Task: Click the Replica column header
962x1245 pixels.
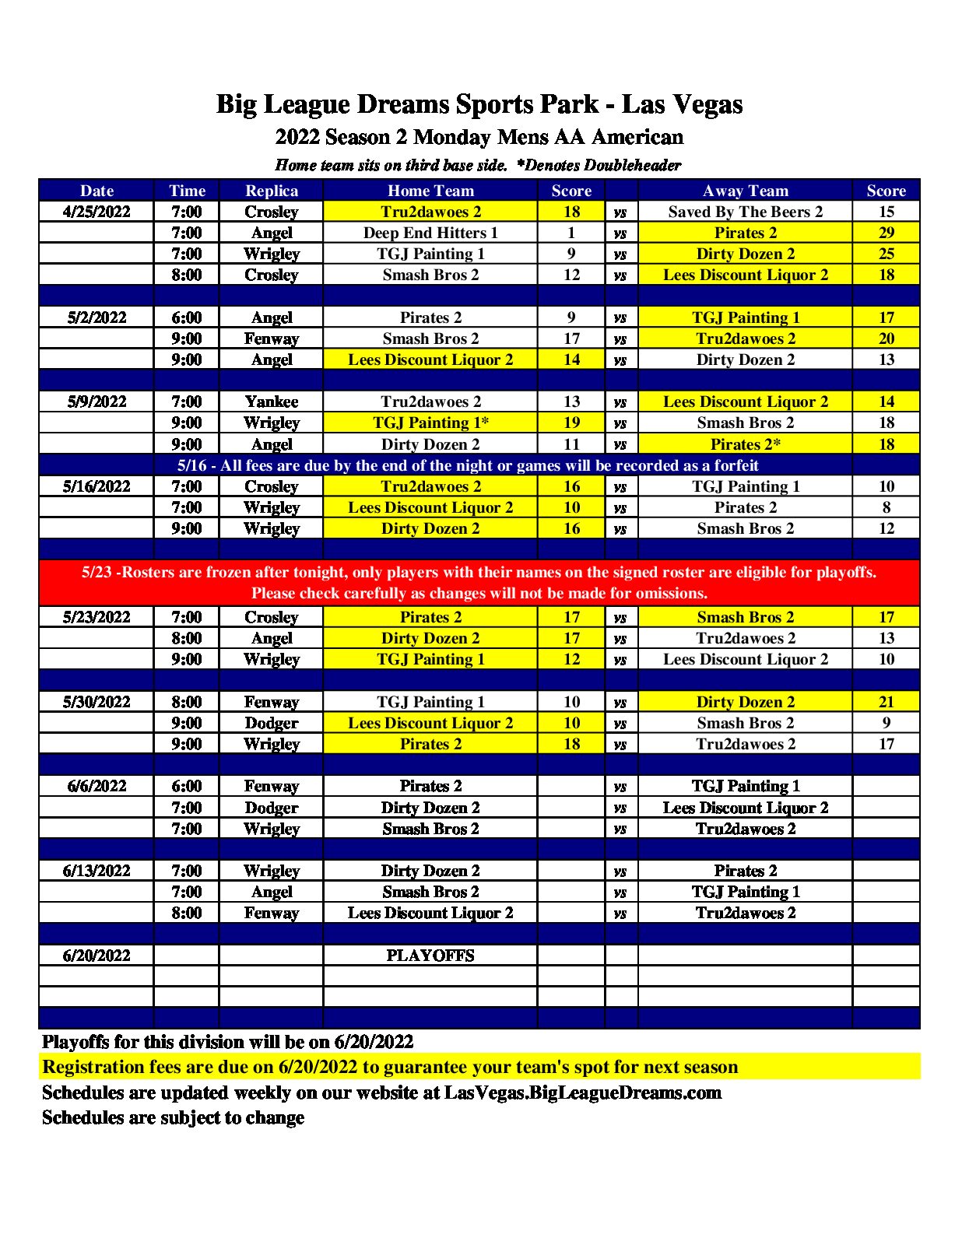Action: (271, 191)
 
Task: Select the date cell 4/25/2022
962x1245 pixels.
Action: (97, 212)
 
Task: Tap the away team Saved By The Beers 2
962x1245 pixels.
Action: (745, 212)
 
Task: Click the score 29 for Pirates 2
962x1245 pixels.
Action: (886, 233)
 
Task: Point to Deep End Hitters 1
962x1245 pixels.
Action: (430, 233)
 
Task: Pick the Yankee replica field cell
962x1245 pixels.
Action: (271, 402)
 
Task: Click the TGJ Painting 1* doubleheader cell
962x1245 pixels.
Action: (430, 423)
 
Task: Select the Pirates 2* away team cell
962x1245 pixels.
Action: (745, 444)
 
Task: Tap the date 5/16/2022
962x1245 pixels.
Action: (97, 486)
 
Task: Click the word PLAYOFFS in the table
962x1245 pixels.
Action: (430, 956)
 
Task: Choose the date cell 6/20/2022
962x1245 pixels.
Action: (97, 956)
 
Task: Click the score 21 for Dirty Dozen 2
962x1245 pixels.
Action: (886, 702)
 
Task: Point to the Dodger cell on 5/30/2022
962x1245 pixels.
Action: (271, 723)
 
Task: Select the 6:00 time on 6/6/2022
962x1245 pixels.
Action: (187, 786)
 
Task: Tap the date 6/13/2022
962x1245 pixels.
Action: (97, 871)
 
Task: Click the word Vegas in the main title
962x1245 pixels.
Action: (707, 104)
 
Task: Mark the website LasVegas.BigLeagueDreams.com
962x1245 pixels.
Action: (582, 1092)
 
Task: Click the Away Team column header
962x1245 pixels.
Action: (745, 191)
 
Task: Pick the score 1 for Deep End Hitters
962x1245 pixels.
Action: (571, 233)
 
